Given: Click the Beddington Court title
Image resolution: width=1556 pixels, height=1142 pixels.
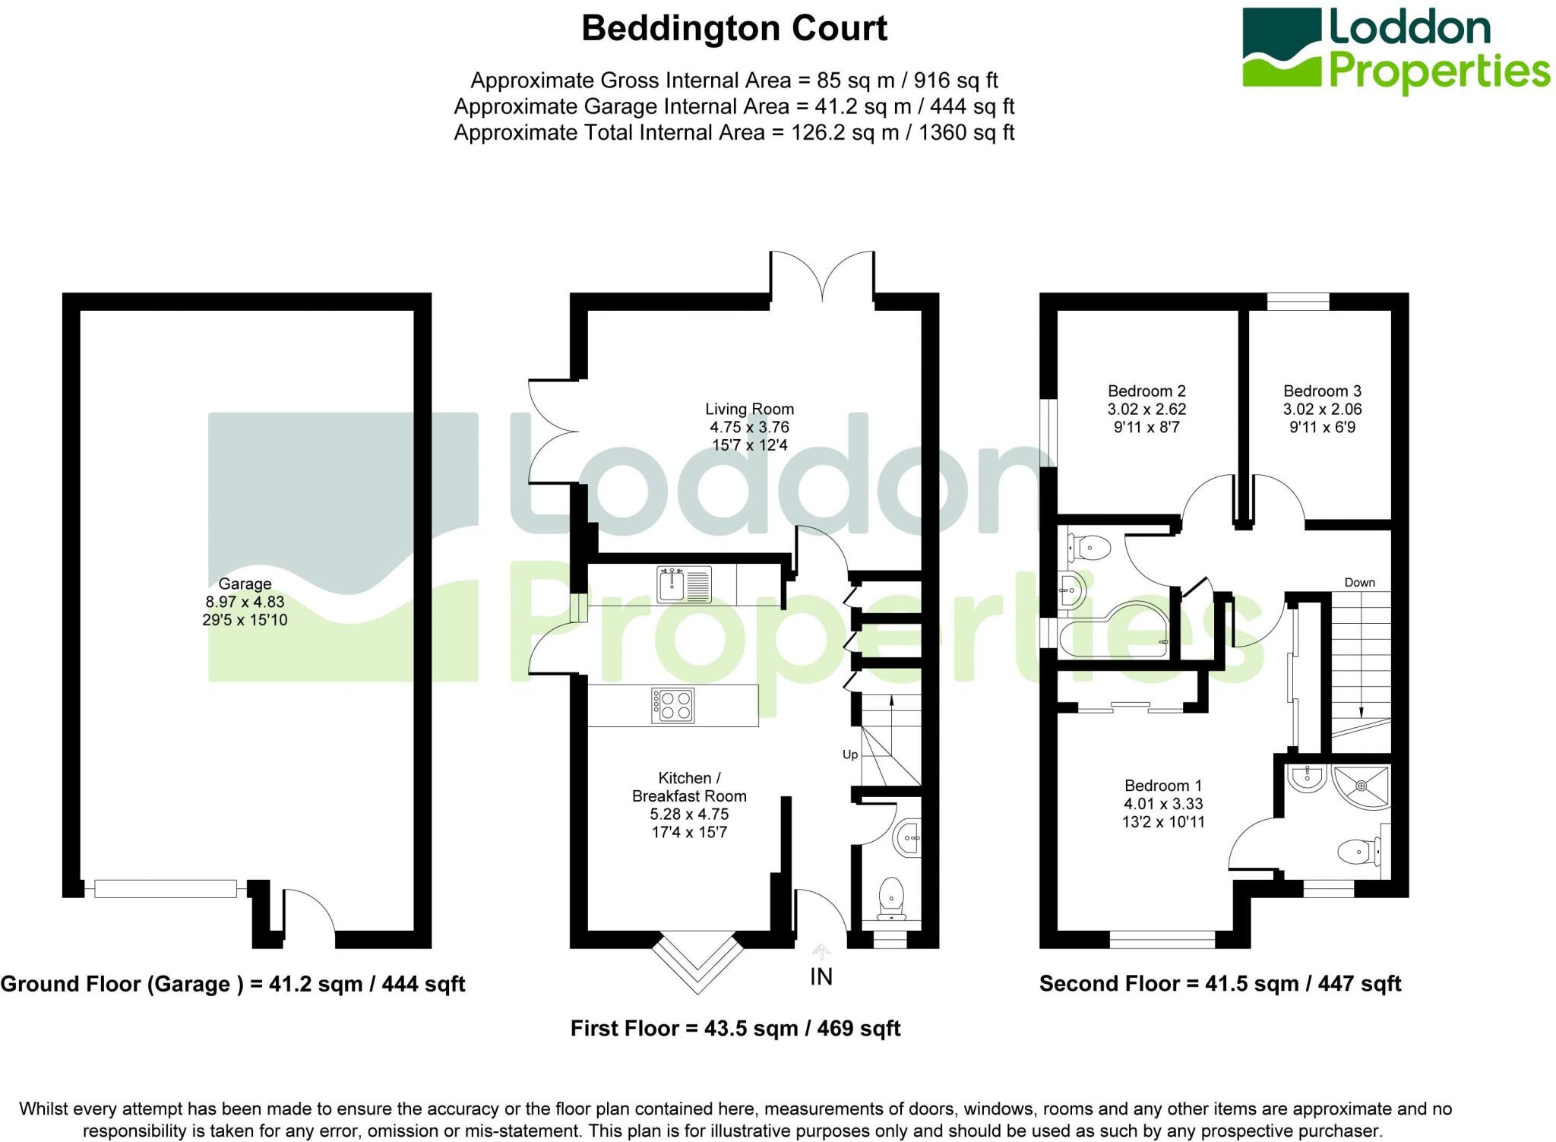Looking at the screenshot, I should [x=734, y=29].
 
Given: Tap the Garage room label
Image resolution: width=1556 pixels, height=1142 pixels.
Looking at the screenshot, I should [x=245, y=584].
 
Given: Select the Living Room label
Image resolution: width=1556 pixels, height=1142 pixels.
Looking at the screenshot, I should [x=749, y=410].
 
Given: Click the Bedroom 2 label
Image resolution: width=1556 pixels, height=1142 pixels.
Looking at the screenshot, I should [x=1146, y=391].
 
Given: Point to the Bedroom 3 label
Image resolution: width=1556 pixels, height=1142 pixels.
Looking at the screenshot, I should [x=1322, y=391].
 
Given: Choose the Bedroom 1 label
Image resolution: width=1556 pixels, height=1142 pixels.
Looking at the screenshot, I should [x=1162, y=786].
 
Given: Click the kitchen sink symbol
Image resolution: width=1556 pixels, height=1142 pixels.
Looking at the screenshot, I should [x=685, y=585].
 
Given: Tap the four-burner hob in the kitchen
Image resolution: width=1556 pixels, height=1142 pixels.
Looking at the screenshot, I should [x=672, y=705].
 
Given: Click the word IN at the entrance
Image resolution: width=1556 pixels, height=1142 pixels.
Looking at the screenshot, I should [x=821, y=977].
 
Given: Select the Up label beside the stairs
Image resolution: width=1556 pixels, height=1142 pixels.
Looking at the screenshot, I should [x=850, y=754].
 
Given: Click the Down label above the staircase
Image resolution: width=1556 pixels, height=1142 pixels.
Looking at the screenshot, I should [x=1359, y=583].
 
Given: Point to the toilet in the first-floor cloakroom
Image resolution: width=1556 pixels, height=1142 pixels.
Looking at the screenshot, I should [x=891, y=897].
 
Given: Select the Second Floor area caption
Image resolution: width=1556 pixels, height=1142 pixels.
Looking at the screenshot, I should [x=1219, y=984].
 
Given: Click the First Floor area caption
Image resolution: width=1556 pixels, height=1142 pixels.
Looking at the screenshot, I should [x=735, y=1029].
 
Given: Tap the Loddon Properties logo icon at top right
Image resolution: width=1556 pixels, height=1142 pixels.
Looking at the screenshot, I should [x=1282, y=47].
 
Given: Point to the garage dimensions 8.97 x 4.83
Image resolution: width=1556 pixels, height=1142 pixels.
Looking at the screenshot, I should [x=245, y=602].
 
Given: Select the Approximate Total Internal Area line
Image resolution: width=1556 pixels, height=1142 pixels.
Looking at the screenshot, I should [x=734, y=133].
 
